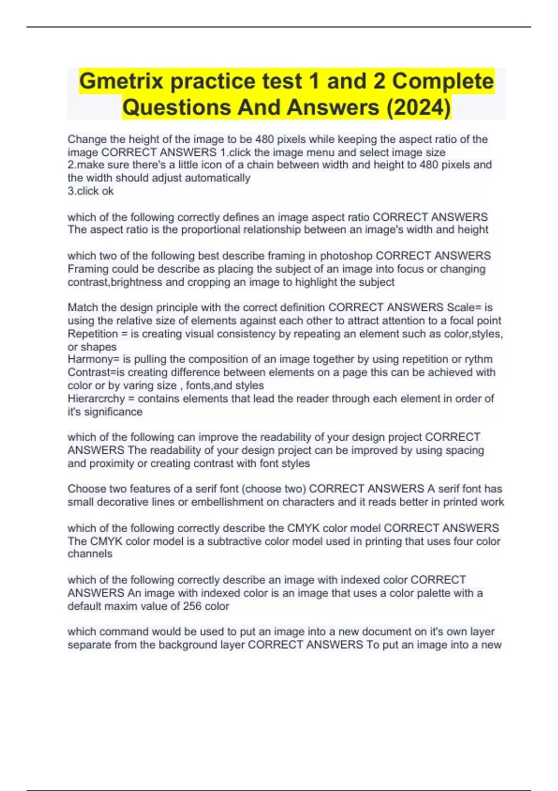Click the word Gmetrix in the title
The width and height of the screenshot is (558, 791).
tap(121, 81)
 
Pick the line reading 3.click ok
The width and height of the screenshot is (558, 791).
tap(91, 191)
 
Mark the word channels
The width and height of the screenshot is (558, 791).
tap(90, 554)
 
